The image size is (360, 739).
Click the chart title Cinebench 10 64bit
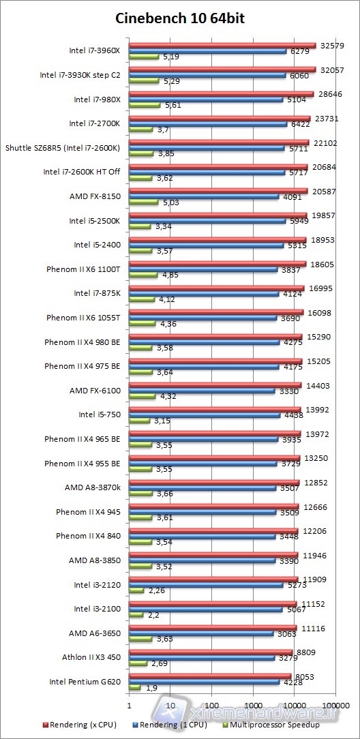[180, 19]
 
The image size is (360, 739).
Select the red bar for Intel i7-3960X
[222, 46]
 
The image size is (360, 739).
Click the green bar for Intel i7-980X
[145, 106]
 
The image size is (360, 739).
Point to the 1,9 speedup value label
[151, 687]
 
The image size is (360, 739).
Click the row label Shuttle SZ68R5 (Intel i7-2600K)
[63, 147]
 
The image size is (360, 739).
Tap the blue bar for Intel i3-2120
[206, 584]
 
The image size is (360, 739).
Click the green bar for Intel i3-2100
[136, 614]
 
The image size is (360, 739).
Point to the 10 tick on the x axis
[170, 706]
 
